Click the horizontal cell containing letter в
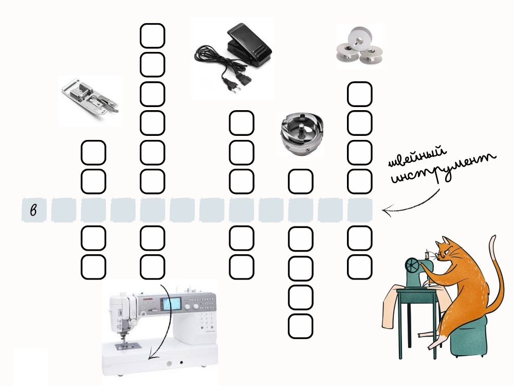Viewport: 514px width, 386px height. pyautogui.click(x=34, y=210)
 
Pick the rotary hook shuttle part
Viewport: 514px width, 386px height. pyautogui.click(x=302, y=132)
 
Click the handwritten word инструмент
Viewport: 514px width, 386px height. pyautogui.click(x=443, y=168)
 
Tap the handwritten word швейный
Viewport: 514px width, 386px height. pyautogui.click(x=417, y=156)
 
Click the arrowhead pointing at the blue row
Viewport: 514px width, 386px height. pyautogui.click(x=387, y=210)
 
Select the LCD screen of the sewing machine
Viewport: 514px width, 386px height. pyautogui.click(x=171, y=304)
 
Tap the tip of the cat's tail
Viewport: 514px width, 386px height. pyautogui.click(x=493, y=237)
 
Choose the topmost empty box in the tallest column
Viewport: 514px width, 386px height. pyautogui.click(x=153, y=36)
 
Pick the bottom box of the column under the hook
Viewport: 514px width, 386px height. pyautogui.click(x=300, y=326)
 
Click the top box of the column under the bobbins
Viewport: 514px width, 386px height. pyautogui.click(x=360, y=94)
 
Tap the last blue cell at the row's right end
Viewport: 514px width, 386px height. pyautogui.click(x=360, y=210)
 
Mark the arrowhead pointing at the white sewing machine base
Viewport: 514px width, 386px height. pyautogui.click(x=151, y=356)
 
